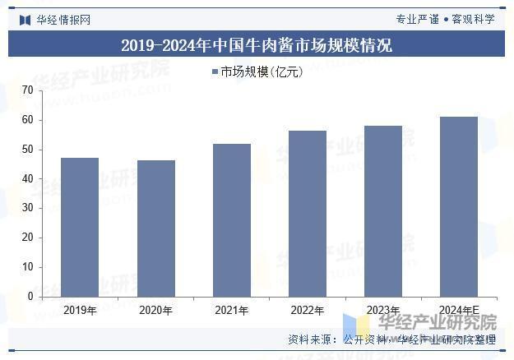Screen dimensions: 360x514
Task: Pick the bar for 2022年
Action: tap(307, 214)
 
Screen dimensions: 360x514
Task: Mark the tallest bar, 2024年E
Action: tap(458, 206)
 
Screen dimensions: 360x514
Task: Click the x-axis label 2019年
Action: tap(80, 311)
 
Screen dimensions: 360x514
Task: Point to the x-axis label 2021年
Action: tap(231, 311)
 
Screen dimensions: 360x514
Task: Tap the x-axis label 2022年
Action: tap(307, 311)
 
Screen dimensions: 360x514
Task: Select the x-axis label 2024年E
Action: tap(458, 311)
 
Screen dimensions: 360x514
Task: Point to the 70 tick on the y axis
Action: tap(28, 90)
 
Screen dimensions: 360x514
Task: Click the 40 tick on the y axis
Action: tap(28, 178)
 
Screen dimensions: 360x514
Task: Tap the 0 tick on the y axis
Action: tap(30, 296)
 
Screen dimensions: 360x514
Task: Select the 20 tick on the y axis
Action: tap(28, 238)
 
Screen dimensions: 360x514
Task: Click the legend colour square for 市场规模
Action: tap(215, 72)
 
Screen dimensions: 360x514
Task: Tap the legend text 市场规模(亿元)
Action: tap(262, 72)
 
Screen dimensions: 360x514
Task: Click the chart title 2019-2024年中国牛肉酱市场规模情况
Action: tap(257, 45)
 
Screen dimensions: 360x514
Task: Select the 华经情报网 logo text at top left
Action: tap(62, 19)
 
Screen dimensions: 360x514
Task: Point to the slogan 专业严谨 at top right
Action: tap(417, 19)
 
